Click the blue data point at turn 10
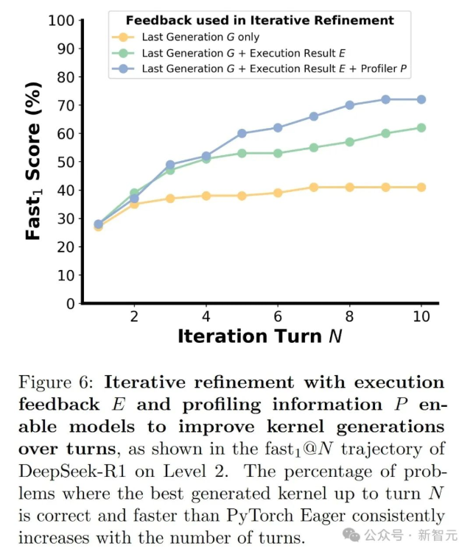[421, 99]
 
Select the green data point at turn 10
[421, 127]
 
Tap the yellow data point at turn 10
[421, 187]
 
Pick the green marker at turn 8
[350, 142]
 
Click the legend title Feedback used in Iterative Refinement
[259, 20]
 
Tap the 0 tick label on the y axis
[70, 303]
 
